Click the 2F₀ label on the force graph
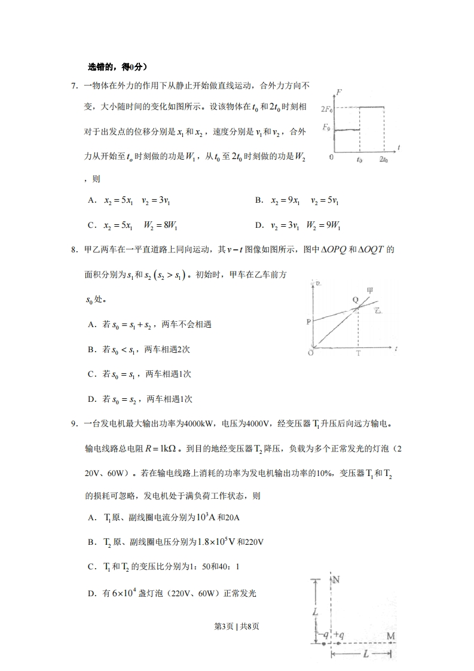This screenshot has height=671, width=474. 326,109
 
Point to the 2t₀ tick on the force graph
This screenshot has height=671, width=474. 383,160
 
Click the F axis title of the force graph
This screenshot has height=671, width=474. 340,91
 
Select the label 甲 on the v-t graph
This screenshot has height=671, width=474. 371,291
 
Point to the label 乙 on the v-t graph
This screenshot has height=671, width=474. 378,310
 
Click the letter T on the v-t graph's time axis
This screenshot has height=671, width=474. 358,353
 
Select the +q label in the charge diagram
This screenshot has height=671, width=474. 338,635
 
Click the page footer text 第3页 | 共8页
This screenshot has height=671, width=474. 237,626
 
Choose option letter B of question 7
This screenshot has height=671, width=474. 259,201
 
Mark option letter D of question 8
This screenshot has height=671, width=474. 91,399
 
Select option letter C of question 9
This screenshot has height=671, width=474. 91,566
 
